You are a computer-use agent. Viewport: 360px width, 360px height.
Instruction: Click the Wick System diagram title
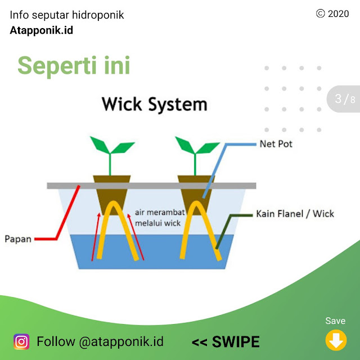coord(154,105)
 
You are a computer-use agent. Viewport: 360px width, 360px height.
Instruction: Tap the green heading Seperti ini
coord(74,65)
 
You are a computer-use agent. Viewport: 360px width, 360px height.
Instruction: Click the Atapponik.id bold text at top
coord(41,30)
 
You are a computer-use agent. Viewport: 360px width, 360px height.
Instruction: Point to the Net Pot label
coord(276,144)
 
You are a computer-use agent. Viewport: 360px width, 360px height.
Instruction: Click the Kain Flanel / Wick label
coord(295,214)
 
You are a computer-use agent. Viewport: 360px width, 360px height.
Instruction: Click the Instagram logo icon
coord(21,341)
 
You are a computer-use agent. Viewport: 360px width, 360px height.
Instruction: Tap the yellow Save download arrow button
coord(335,340)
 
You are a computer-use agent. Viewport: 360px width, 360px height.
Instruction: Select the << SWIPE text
coord(226,341)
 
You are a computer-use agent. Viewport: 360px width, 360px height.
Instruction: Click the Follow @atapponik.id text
coord(100,341)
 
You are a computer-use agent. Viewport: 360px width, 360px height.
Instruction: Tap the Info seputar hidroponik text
coord(67,15)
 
